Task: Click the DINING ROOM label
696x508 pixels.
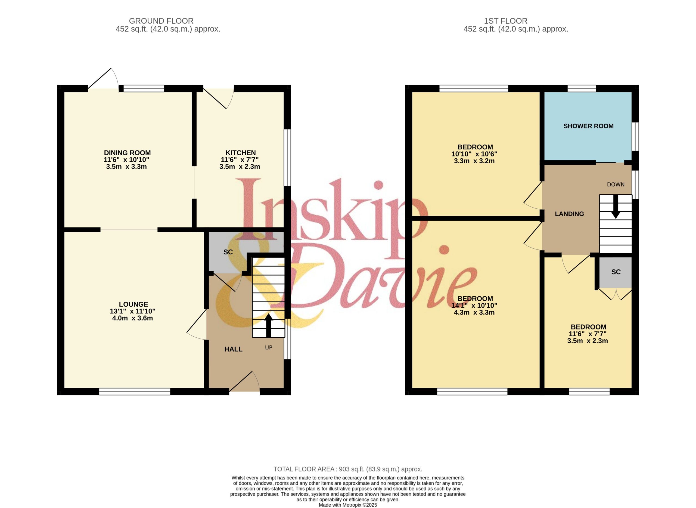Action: pos(127,153)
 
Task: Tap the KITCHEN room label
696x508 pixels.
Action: pos(241,153)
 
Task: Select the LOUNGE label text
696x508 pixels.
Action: pos(133,304)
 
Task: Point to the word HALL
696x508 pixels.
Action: pos(233,349)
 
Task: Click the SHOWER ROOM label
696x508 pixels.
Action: pos(588,126)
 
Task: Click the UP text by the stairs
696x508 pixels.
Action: pos(269,348)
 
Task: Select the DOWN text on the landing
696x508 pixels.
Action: pos(616,184)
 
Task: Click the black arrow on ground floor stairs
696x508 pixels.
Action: pos(269,326)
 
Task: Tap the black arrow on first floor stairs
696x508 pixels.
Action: pos(616,207)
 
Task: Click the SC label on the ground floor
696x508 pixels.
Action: pos(228,252)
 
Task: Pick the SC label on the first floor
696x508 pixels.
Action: pos(616,272)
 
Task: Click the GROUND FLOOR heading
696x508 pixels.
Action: pos(161,21)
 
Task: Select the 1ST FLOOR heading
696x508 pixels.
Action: pos(506,21)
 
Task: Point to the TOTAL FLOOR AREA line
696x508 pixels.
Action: pos(348,469)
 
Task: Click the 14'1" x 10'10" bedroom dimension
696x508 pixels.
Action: pos(474,306)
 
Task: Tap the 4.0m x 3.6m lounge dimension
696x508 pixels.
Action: pos(132,318)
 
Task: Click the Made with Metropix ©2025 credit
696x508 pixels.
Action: pos(348,505)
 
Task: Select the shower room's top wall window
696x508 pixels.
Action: pos(582,88)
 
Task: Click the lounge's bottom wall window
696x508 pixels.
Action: pos(135,392)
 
